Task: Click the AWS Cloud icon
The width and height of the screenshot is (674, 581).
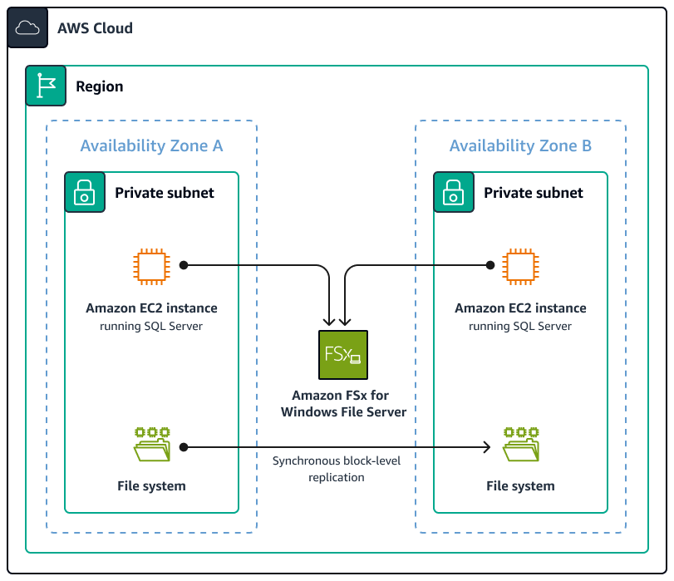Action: pos(27,28)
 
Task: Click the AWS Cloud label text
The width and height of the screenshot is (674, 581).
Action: pos(95,28)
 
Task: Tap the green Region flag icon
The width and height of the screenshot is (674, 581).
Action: pos(46,86)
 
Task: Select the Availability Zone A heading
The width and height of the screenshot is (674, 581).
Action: pos(151,146)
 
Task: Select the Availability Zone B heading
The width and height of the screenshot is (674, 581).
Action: pos(520,146)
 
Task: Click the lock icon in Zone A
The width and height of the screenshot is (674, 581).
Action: pos(85,193)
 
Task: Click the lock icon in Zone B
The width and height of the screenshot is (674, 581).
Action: pos(454,193)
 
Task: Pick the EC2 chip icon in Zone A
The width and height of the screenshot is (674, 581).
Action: pos(151,265)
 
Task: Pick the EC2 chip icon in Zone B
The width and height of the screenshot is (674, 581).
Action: pos(520,265)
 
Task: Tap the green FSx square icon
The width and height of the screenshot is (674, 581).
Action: pos(342,355)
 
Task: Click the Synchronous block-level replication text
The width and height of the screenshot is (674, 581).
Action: pos(336,469)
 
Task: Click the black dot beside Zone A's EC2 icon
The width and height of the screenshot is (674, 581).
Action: pos(184,265)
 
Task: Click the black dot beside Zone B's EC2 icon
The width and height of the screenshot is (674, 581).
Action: pos(490,265)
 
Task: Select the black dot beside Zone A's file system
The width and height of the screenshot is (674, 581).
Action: pos(184,448)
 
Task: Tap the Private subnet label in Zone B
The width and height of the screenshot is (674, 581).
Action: pos(534,193)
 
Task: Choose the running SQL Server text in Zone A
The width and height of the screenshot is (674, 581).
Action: pos(151,326)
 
